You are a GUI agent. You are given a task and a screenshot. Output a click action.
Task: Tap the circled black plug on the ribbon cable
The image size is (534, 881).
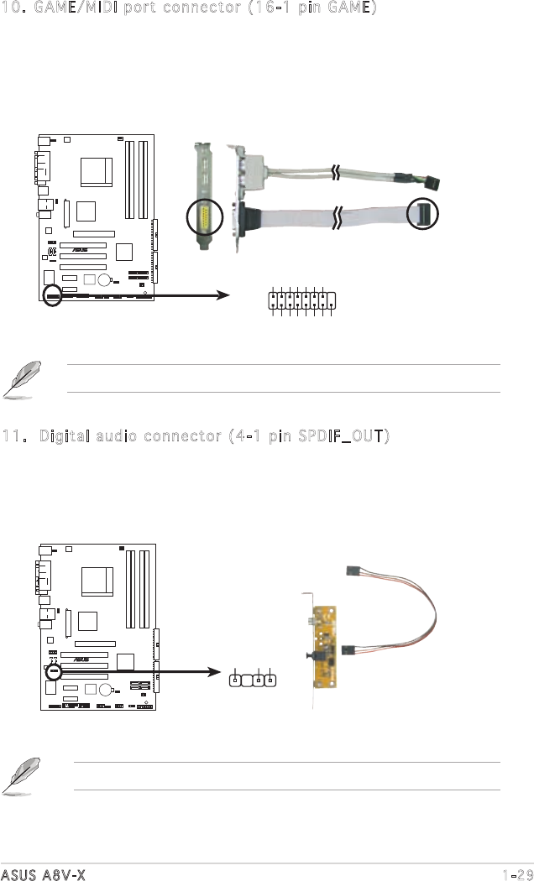[422, 213]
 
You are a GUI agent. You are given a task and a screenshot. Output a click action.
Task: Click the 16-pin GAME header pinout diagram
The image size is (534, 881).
[302, 300]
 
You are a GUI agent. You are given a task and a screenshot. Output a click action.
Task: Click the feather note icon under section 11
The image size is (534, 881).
[21, 775]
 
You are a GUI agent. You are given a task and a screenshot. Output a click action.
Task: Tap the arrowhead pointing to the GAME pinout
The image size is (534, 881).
[223, 295]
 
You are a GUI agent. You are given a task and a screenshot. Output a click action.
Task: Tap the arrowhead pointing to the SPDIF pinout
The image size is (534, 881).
[215, 671]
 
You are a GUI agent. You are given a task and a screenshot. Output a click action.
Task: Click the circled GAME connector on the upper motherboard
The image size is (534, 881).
[52, 295]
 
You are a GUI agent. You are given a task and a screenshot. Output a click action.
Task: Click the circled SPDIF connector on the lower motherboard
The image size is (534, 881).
[54, 671]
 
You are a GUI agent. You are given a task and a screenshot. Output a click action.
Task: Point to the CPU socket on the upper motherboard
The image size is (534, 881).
[96, 172]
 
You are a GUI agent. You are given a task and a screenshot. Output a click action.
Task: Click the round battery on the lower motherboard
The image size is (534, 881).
[107, 690]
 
